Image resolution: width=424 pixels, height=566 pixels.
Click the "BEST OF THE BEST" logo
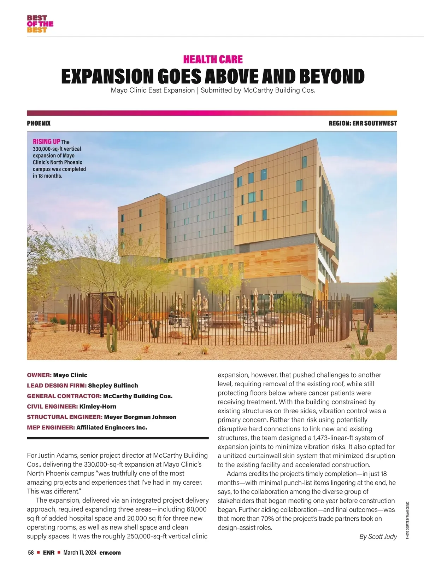40,24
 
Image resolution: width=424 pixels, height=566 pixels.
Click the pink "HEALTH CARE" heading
213,59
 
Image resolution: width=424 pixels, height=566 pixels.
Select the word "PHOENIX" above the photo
39,123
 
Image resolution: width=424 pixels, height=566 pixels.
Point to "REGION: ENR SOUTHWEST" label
363,123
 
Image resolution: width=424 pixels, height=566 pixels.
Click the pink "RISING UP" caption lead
46,141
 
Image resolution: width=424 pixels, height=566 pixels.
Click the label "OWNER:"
39,375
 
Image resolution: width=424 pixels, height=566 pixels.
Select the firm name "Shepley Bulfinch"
113,386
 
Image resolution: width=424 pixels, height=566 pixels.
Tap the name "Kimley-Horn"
98,406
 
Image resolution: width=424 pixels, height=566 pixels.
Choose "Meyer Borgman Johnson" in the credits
140,417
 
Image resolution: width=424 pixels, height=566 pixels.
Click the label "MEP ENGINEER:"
51,427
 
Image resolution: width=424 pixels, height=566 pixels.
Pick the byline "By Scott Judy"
378,537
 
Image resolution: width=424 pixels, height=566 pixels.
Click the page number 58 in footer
31,553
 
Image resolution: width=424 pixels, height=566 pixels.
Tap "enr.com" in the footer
110,553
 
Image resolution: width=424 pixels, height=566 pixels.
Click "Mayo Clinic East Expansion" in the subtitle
153,90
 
